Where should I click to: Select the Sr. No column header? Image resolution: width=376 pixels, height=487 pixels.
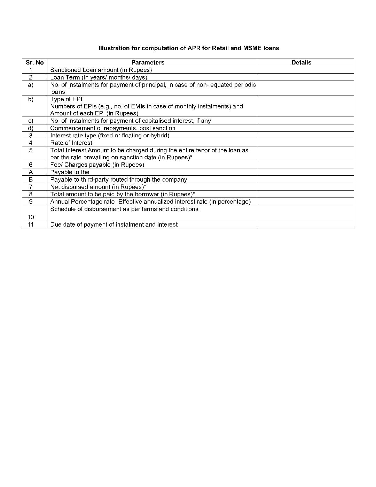click(34, 63)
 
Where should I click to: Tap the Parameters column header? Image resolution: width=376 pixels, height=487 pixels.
click(148, 63)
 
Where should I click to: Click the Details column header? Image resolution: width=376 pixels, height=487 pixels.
click(301, 63)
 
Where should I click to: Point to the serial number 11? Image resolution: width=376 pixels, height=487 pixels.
click(31, 225)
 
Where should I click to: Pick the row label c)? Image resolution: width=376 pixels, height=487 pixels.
click(31, 121)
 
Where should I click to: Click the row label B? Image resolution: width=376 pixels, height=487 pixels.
click(31, 180)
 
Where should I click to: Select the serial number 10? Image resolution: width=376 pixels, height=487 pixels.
click(31, 217)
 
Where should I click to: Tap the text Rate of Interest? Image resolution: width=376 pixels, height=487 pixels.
click(71, 143)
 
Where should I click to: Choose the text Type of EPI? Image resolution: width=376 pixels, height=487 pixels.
click(66, 99)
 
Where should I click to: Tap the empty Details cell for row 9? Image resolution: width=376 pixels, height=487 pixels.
click(305, 201)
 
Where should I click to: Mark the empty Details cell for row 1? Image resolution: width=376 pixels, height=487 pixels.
click(305, 70)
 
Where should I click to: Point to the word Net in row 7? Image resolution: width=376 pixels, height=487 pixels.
click(55, 187)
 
